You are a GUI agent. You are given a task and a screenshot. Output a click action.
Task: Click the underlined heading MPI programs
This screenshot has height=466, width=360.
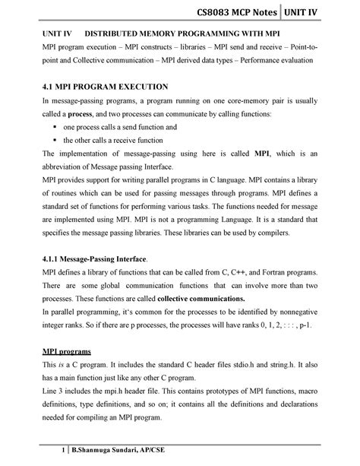point(66,351)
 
